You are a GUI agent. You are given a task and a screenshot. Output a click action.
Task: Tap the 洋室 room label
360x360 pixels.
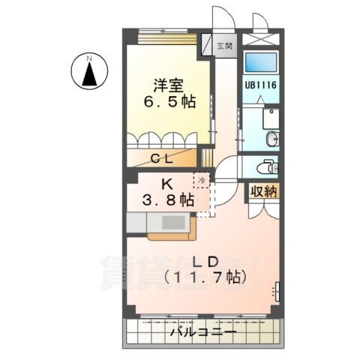pyautogui.click(x=169, y=85)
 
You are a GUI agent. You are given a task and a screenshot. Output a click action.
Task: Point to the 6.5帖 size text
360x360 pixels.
pyautogui.click(x=169, y=101)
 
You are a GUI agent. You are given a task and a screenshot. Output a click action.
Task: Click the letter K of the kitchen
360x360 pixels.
pyautogui.click(x=169, y=181)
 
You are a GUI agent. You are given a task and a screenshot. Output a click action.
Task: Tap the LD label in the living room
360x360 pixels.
pyautogui.click(x=204, y=261)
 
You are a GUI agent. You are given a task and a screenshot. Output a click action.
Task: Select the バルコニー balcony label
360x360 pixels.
pyautogui.click(x=202, y=331)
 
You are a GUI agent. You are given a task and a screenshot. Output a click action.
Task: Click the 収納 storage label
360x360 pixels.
pyautogui.click(x=263, y=191)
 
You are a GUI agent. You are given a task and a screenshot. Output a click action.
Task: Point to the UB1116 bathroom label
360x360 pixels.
pyautogui.click(x=261, y=85)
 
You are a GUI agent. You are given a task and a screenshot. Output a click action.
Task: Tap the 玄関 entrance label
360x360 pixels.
pyautogui.click(x=223, y=46)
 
